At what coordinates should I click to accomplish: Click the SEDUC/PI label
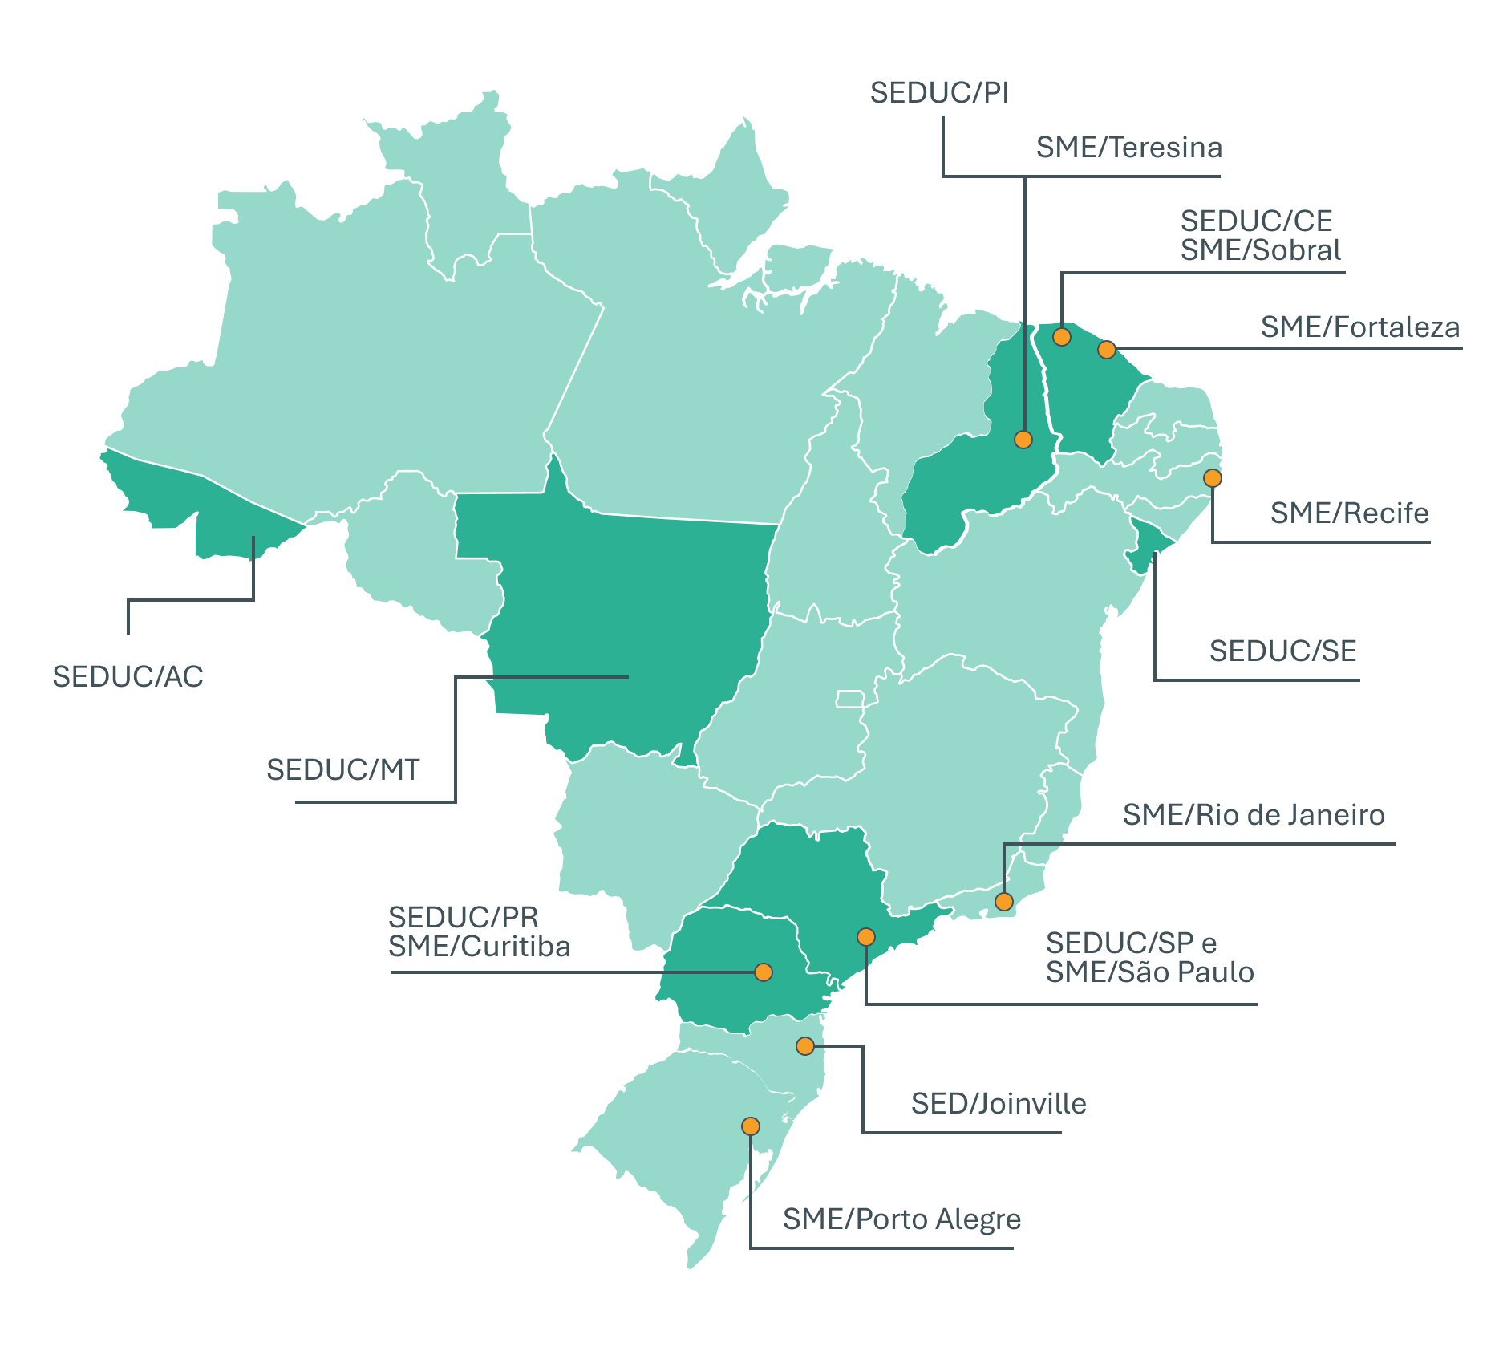(939, 93)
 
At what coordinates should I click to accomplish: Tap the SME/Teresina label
(1128, 148)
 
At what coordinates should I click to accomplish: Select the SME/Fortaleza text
(1359, 327)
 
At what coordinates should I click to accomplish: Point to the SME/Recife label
(1349, 513)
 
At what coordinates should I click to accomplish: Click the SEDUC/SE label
(1282, 651)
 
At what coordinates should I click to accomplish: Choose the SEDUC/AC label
(128, 677)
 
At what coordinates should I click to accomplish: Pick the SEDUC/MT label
(342, 770)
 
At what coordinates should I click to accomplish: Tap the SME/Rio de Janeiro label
(1253, 815)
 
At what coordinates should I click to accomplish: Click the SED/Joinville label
(999, 1104)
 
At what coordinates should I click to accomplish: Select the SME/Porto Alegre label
(901, 1219)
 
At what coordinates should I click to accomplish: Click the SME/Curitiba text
(479, 947)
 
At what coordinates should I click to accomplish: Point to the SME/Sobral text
(1260, 250)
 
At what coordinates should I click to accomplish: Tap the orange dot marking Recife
(1212, 478)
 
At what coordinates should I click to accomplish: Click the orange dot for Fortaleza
(1107, 350)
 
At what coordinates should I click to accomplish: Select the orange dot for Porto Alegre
(751, 1126)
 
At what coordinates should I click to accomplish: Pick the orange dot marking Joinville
(805, 1046)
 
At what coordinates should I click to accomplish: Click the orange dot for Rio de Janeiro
(1004, 902)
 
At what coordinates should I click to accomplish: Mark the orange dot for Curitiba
(764, 972)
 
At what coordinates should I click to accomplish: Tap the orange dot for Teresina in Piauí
(1023, 440)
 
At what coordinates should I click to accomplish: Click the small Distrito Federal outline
(849, 699)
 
